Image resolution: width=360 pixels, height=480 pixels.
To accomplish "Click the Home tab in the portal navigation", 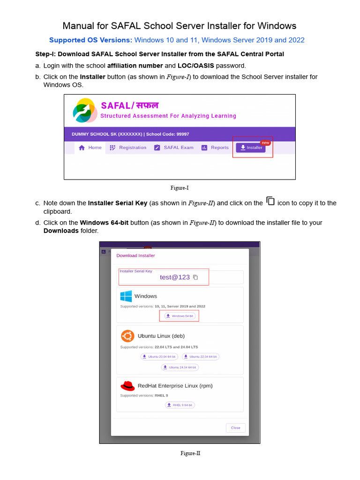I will click(90, 148).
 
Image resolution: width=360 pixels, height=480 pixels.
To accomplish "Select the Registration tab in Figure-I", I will click(128, 148).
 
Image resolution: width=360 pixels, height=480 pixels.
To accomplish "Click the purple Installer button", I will click(251, 148).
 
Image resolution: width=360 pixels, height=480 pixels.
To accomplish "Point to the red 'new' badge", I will click(265, 142).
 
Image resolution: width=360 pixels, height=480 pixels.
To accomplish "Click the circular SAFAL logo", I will click(85, 111).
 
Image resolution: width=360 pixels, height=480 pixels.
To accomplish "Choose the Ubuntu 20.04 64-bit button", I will click(159, 357).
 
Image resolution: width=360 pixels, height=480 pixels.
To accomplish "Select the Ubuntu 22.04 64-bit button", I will click(200, 357).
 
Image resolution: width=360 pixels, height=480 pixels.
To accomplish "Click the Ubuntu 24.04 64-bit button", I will click(180, 367).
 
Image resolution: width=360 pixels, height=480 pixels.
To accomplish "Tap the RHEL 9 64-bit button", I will click(180, 405).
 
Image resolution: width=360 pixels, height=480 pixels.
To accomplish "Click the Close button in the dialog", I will click(235, 427).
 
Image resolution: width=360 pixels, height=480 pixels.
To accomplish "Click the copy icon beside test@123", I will click(195, 277).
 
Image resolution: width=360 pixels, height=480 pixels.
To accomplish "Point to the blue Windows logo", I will click(126, 296).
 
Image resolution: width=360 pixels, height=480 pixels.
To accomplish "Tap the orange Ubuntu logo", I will click(127, 336).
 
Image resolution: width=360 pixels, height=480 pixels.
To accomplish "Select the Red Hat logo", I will click(127, 386).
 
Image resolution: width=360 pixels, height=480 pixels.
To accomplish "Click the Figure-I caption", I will click(180, 188).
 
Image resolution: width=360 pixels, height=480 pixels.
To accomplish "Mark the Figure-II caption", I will click(190, 453).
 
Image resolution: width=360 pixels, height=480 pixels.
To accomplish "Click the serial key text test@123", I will click(174, 277).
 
